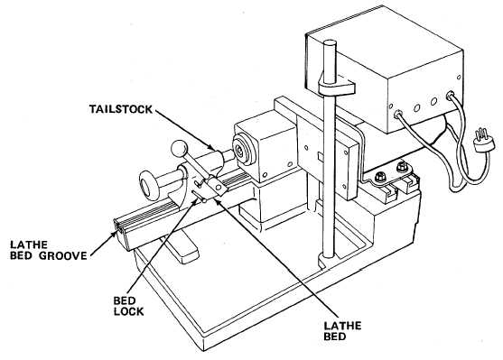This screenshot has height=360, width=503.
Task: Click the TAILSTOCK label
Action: [x=121, y=109]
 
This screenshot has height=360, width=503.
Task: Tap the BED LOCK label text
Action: [x=128, y=306]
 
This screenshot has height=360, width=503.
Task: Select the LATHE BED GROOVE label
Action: [x=49, y=250]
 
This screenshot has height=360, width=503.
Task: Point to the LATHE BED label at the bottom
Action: [x=342, y=331]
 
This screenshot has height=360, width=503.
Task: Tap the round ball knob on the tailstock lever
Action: [x=179, y=149]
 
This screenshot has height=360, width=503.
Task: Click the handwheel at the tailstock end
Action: [x=149, y=186]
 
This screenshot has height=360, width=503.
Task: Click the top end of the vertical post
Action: [x=331, y=44]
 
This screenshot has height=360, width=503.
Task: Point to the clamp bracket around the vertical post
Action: [x=336, y=86]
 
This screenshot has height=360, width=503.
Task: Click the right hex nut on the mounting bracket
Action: [x=401, y=167]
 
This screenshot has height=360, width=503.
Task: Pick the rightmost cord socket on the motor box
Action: [x=450, y=95]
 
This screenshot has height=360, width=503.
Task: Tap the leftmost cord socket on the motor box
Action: [x=398, y=113]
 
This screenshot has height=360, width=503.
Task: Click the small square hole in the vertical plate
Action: [x=321, y=156]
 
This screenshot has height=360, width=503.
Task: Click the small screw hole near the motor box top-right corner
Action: [x=459, y=78]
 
